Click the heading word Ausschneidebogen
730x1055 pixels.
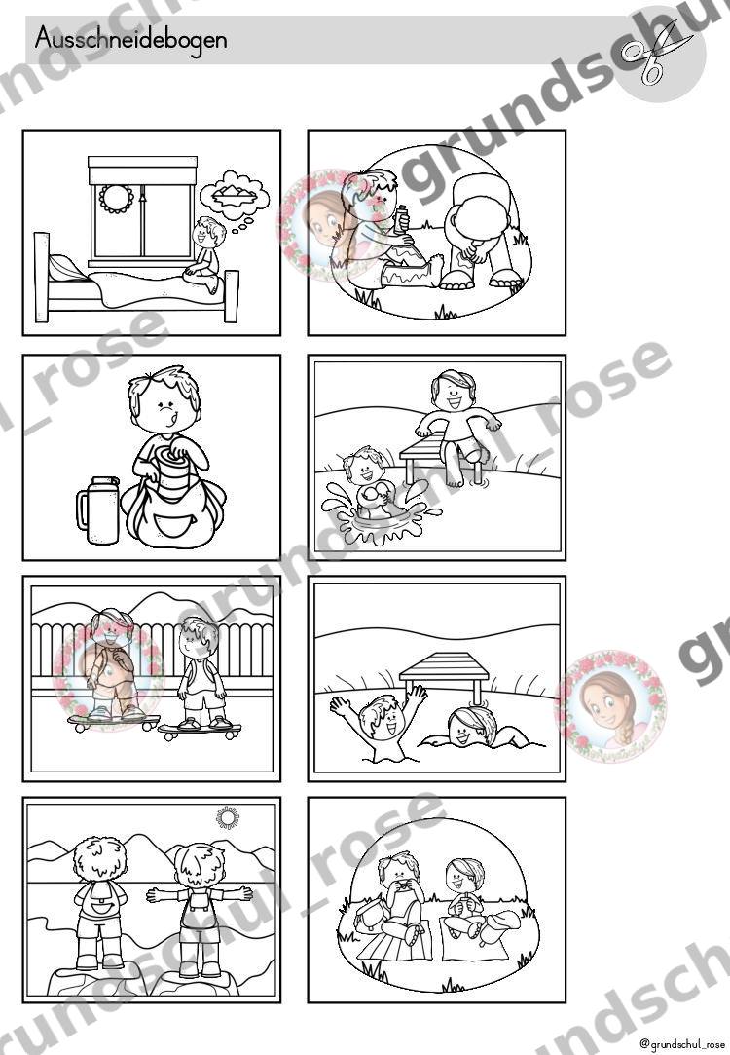(x=130, y=39)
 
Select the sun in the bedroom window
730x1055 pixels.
(x=116, y=198)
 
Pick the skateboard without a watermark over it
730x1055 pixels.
(x=201, y=730)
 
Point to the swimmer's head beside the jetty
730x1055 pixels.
(x=468, y=726)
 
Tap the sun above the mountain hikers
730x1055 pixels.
(x=228, y=817)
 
